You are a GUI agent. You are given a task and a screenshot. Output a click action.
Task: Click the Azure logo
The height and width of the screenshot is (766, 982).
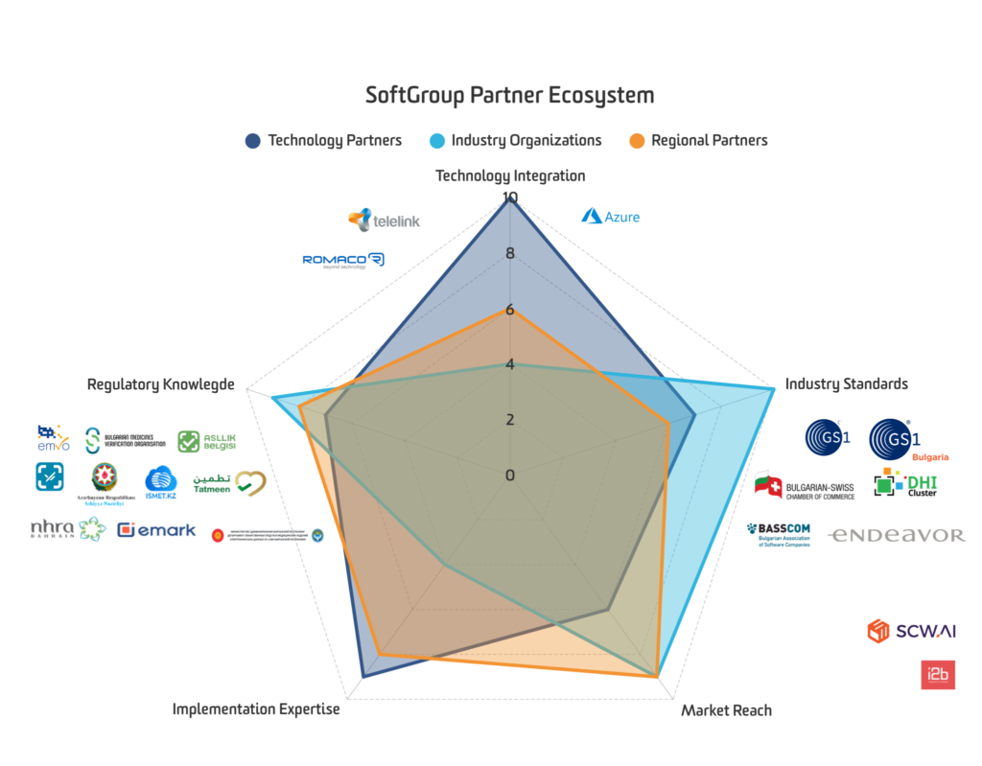[x=610, y=216]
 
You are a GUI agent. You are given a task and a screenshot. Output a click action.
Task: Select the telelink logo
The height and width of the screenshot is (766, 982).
[x=384, y=220]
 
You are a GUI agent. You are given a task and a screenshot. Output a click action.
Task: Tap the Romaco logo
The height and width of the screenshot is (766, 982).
[x=343, y=260]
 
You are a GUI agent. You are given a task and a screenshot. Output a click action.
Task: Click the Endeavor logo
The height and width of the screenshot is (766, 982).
[x=896, y=535]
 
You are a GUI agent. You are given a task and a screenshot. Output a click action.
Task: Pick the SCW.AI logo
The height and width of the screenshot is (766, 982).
[x=911, y=631]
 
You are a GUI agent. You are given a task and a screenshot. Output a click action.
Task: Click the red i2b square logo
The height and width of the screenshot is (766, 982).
[x=938, y=674]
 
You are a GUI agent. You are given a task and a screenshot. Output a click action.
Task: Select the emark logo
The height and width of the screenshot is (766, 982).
[x=156, y=529]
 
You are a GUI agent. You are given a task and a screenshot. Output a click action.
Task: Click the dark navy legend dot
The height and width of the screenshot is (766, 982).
[x=253, y=141]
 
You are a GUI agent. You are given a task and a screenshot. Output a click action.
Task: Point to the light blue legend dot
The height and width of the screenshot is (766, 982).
[x=437, y=141]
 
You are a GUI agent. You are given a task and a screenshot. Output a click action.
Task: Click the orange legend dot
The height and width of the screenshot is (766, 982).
[x=637, y=141]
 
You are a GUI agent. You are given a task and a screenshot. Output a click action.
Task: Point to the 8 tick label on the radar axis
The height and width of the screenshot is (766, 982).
[x=509, y=254]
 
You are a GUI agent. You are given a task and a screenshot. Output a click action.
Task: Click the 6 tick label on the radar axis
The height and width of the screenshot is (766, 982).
[x=509, y=310]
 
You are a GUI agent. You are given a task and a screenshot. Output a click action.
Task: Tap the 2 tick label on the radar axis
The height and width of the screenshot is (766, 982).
[x=509, y=420]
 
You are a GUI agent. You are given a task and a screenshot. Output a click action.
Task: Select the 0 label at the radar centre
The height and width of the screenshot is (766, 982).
[x=509, y=476]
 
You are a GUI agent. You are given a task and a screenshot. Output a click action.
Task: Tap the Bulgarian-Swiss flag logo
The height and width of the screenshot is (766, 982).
[x=804, y=486]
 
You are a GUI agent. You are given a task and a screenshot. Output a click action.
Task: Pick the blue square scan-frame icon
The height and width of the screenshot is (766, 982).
[x=50, y=476]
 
